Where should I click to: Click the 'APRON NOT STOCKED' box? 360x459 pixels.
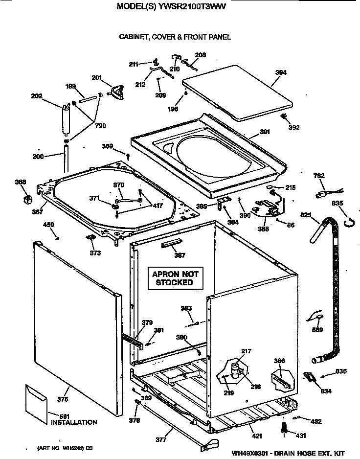(175, 278)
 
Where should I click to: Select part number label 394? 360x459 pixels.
(280, 72)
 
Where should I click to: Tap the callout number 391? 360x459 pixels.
(265, 131)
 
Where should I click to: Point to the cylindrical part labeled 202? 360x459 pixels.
(65, 120)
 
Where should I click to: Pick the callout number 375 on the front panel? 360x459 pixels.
(63, 399)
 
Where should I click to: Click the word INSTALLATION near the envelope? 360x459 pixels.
(74, 422)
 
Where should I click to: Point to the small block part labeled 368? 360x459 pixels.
(27, 199)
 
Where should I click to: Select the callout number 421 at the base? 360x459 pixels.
(257, 436)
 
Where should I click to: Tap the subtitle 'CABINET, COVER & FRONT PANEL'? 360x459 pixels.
(175, 37)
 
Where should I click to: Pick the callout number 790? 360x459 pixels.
(100, 126)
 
